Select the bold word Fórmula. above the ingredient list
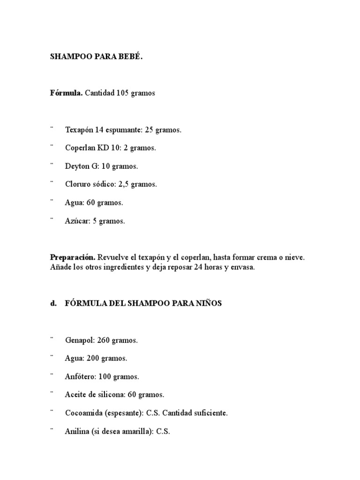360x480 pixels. [x=66, y=93]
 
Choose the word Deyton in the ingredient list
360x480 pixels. [x=75, y=166]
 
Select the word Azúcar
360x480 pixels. [x=76, y=221]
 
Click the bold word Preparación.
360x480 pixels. [x=73, y=258]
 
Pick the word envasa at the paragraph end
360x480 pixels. [x=241, y=267]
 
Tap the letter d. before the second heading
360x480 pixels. [x=53, y=303]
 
